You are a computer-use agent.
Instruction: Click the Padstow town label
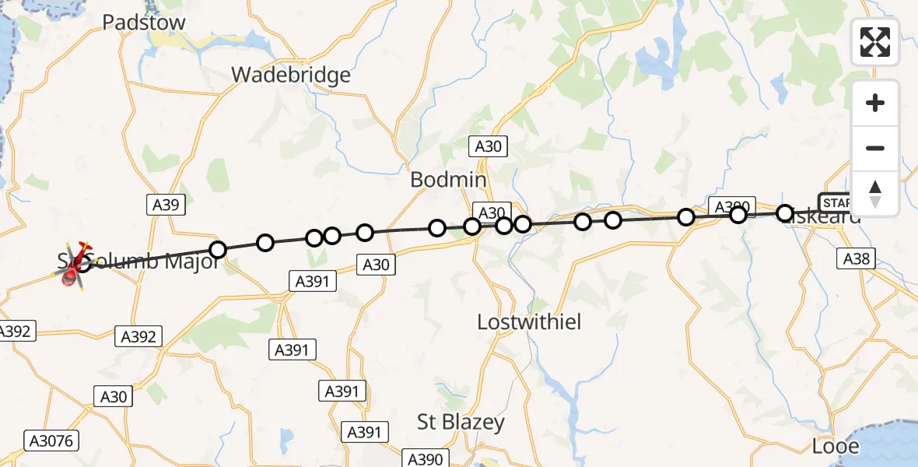[145, 22]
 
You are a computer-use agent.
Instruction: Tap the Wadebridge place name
[291, 75]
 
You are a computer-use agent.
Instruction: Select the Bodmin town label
[448, 180]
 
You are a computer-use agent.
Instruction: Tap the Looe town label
[836, 446]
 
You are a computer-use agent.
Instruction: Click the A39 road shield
[164, 205]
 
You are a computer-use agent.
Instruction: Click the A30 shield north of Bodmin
[489, 146]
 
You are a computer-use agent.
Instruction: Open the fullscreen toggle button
[875, 42]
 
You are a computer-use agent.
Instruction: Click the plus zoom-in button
[875, 103]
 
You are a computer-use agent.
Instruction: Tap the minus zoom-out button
[875, 148]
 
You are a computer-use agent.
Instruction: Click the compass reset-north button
[875, 193]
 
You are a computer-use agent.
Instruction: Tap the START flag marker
[836, 202]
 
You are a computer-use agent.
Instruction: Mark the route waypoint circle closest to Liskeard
[785, 212]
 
